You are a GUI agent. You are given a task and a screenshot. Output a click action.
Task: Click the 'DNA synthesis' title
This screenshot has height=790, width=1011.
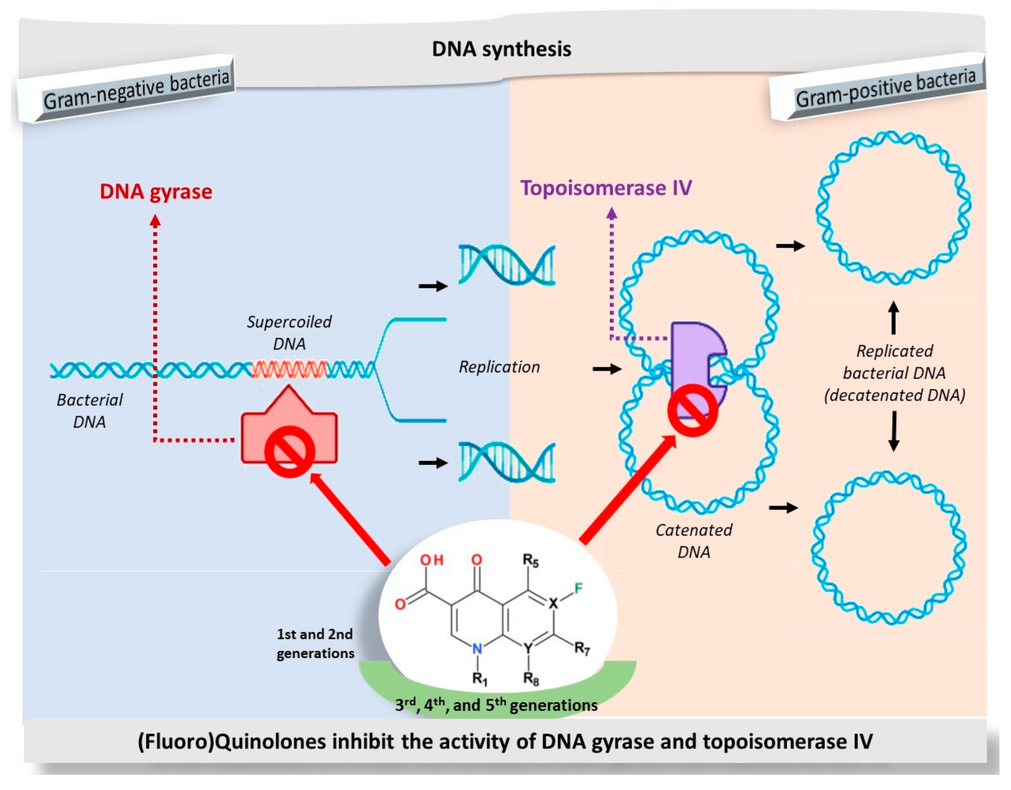501,49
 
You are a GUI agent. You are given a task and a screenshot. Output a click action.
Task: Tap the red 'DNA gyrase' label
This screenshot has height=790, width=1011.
156,192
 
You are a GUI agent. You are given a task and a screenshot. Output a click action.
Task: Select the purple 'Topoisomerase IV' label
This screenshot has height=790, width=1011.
606,188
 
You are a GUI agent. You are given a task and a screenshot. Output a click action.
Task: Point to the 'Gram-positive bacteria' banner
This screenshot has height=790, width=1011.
885,88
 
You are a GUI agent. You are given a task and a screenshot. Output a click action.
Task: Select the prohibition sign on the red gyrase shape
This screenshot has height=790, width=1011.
290,452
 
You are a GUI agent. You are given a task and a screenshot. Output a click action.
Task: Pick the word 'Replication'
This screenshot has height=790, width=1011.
499,367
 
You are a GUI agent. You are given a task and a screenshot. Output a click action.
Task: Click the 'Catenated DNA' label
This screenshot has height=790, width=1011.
693,541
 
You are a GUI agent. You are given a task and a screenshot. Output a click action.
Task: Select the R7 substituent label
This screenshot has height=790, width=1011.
582,648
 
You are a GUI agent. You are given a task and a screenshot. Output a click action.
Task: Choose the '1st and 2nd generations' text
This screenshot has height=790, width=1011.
315,643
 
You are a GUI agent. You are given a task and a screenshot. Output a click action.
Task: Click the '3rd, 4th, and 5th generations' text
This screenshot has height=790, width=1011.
496,705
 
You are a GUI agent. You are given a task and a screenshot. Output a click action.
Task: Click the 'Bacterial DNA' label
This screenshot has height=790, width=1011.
89,410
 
